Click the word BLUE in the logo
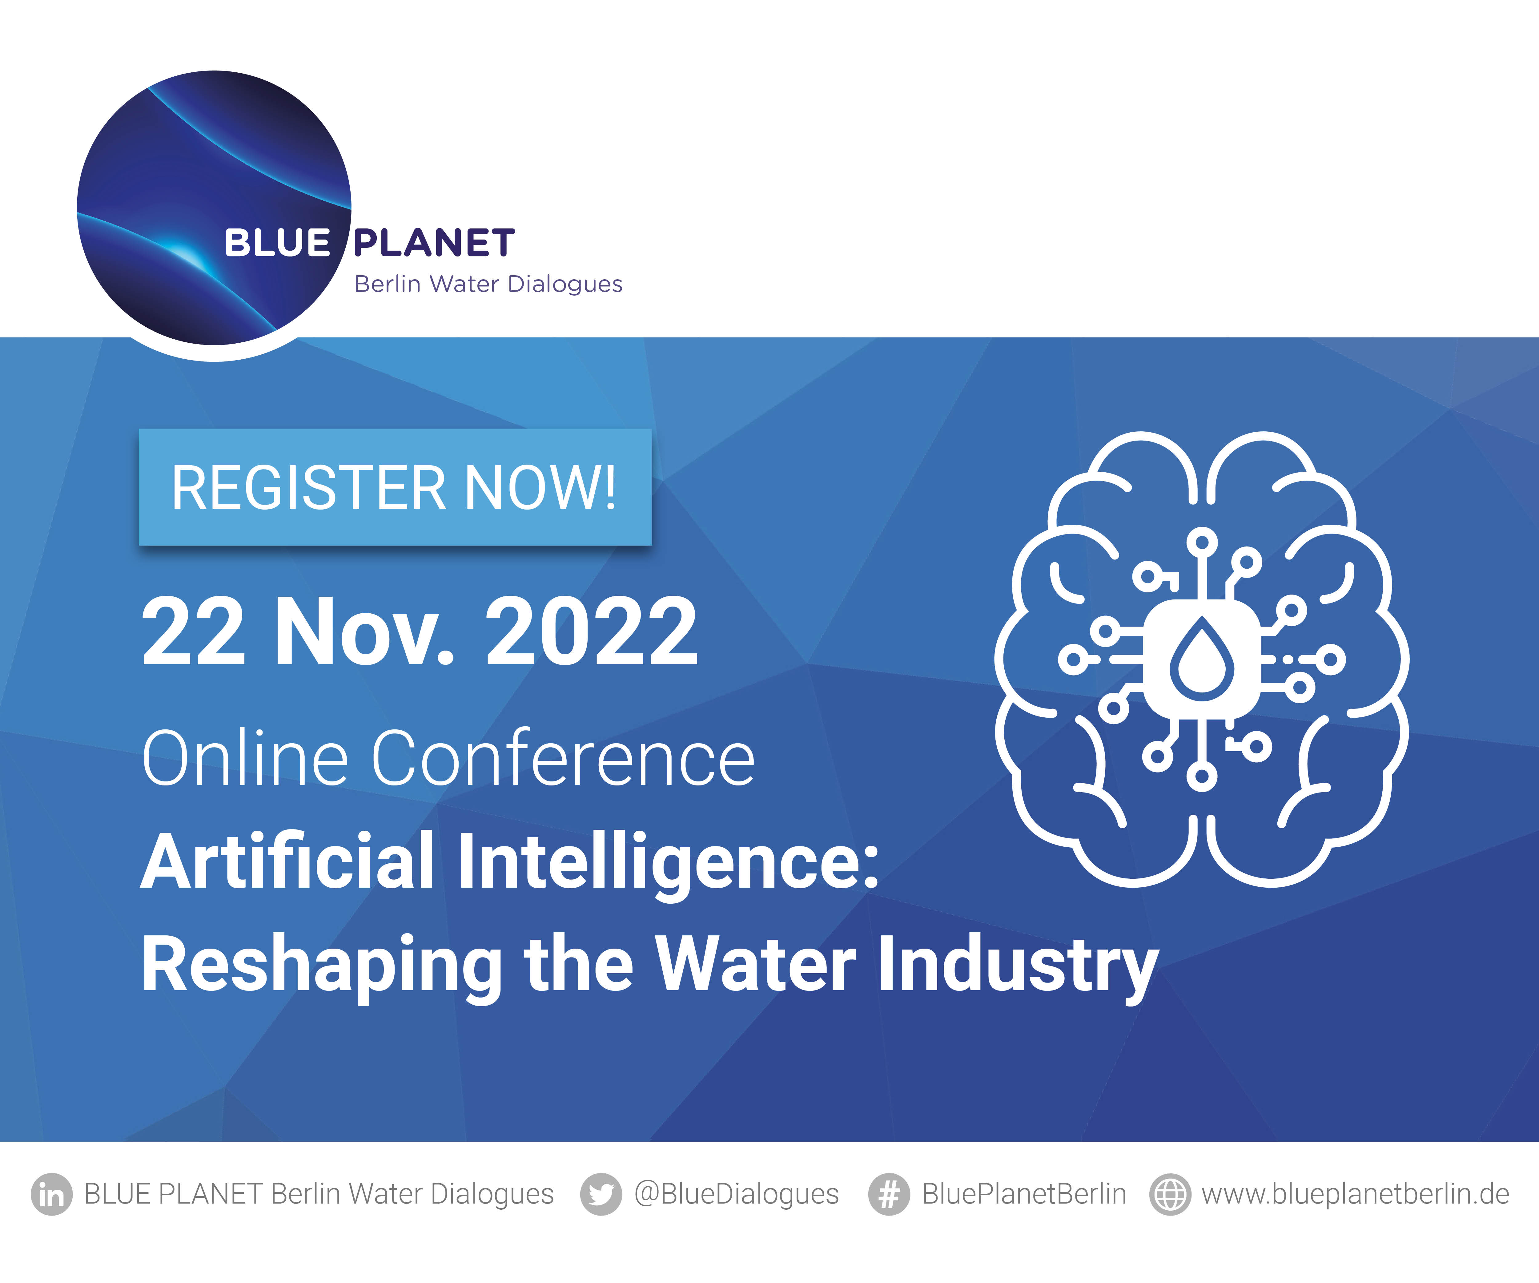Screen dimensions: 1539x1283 click(x=277, y=244)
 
